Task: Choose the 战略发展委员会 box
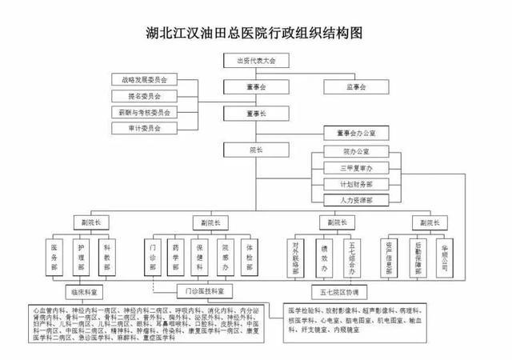point(146,79)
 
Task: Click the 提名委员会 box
point(146,95)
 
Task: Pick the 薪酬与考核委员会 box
point(146,111)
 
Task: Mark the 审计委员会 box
point(146,127)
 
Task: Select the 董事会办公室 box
point(356,133)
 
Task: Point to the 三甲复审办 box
point(356,167)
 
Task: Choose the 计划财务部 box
point(356,183)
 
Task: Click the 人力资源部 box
point(356,199)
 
